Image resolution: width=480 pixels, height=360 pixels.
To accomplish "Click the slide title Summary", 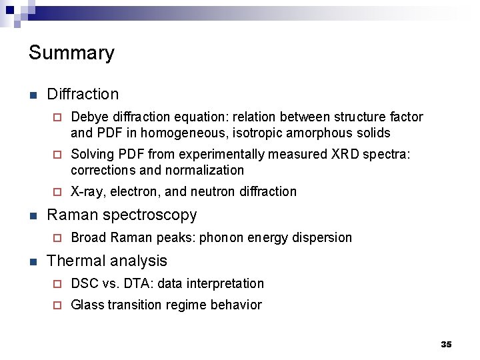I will click(71, 53).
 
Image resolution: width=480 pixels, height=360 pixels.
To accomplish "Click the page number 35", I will click(446, 344).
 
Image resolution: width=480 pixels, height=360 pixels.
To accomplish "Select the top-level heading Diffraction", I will click(83, 95).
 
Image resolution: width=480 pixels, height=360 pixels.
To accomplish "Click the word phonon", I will click(223, 238).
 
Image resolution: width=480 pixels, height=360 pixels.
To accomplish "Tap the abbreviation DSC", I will click(84, 284).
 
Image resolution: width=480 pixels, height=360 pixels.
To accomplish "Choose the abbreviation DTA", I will click(129, 284).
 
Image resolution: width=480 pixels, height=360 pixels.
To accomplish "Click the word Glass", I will click(87, 305).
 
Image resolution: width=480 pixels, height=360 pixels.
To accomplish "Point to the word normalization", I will click(206, 170).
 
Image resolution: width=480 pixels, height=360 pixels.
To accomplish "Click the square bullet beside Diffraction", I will click(33, 95).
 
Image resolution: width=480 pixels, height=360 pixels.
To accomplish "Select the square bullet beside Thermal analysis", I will click(33, 261).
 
